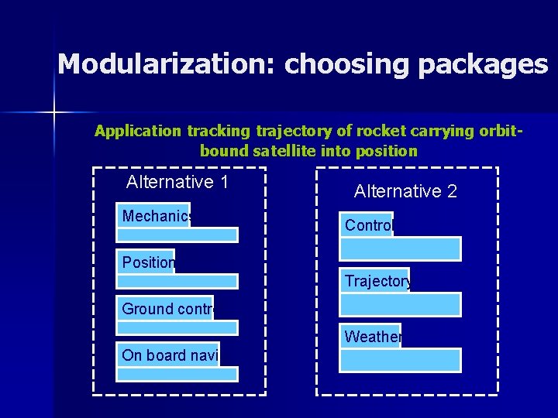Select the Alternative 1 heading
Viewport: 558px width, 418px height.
tap(177, 182)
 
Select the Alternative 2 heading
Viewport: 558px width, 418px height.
tap(405, 191)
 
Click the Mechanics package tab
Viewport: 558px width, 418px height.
tap(153, 216)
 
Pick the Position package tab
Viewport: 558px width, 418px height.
tap(146, 262)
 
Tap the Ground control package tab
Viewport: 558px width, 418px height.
tap(165, 309)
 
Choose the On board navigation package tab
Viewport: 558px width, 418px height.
tap(168, 355)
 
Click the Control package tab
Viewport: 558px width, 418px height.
tap(367, 225)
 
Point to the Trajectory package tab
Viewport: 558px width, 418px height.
tap(376, 281)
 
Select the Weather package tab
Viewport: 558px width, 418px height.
tap(371, 337)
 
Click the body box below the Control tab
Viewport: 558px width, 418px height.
tap(401, 249)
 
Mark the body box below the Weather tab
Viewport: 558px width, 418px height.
tap(401, 361)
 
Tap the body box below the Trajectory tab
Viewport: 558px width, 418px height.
tap(401, 305)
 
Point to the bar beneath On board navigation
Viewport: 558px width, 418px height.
tap(177, 374)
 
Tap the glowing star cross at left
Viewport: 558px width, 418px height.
tap(55, 113)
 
